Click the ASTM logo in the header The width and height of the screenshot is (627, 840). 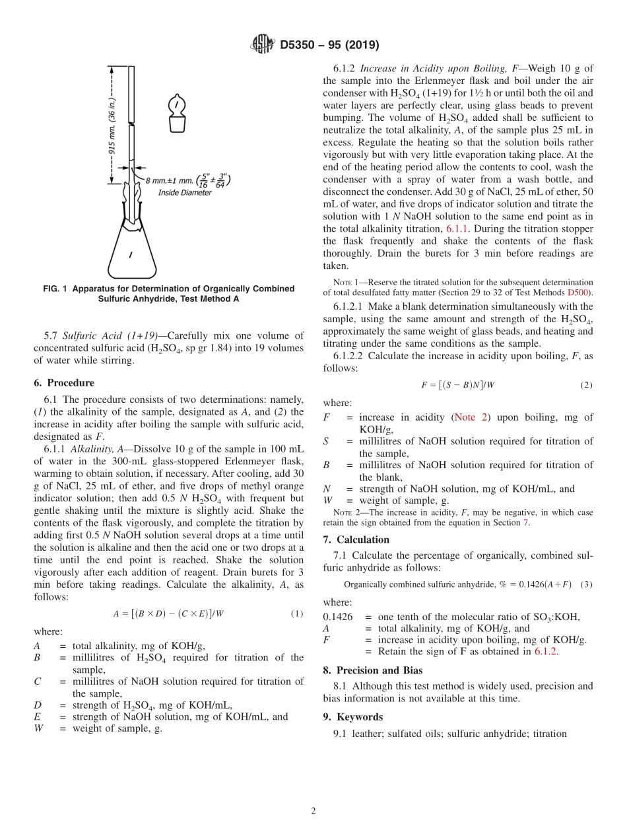[263, 45]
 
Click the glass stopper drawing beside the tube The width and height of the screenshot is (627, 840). [176, 114]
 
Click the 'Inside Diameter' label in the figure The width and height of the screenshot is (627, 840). [185, 192]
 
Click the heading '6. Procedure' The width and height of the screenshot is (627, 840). [63, 383]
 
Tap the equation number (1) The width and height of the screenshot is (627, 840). [297, 613]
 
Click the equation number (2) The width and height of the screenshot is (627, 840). [585, 385]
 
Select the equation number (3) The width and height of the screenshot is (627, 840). [586, 584]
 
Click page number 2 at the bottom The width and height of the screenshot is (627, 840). [313, 812]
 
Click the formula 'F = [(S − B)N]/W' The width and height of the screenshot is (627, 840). [457, 385]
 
